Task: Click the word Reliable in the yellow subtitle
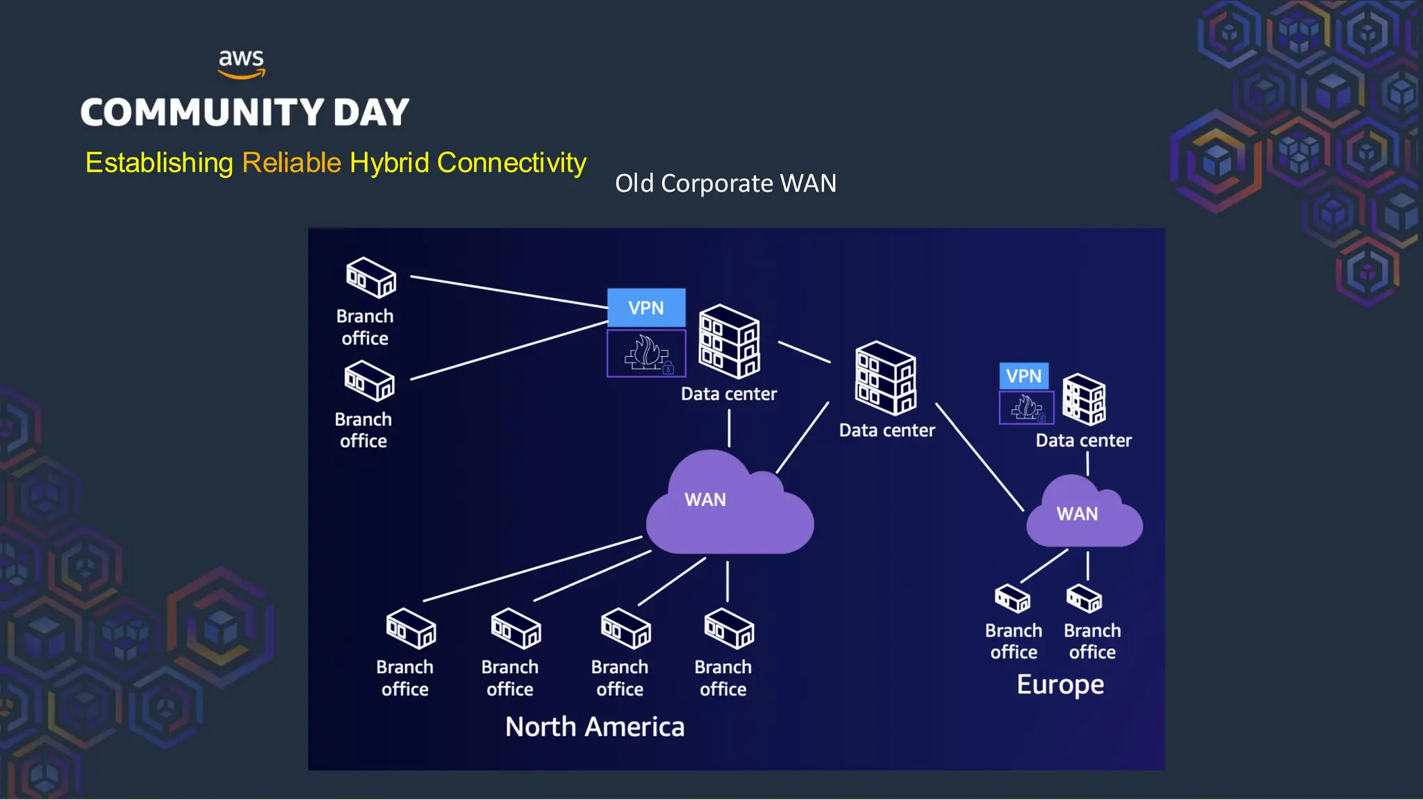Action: [x=291, y=162]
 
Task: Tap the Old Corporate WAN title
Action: [x=725, y=183]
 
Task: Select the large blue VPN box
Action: [x=646, y=308]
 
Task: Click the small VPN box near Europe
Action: [x=1023, y=376]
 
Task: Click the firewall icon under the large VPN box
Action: [x=646, y=353]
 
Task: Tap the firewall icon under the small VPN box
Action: [x=1026, y=408]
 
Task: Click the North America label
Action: [x=595, y=727]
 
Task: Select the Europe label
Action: [x=1060, y=685]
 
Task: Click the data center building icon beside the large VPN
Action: [x=729, y=341]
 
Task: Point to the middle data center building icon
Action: [x=885, y=378]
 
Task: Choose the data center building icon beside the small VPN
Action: [x=1084, y=399]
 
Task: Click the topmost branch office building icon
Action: [x=371, y=277]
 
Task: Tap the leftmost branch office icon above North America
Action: [x=411, y=628]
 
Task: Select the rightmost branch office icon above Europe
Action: [x=1085, y=599]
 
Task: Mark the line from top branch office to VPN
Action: [x=509, y=292]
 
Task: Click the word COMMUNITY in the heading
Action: [x=202, y=112]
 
